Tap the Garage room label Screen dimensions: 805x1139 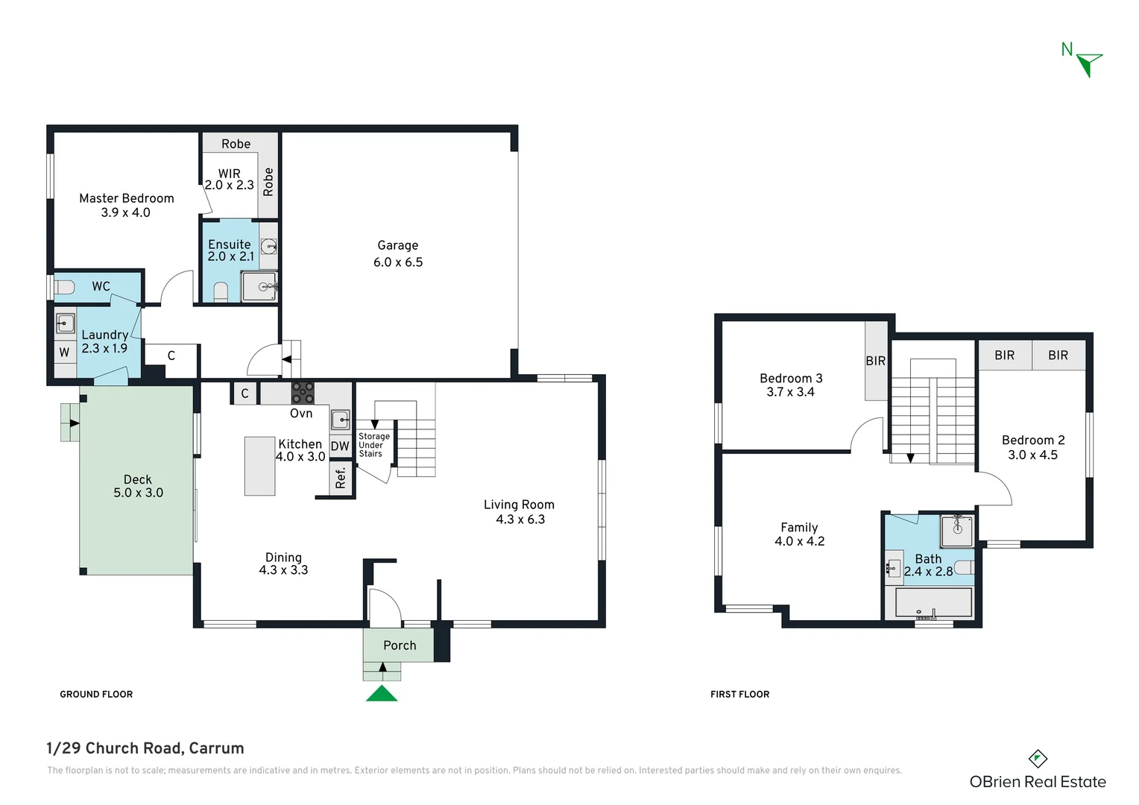[397, 245]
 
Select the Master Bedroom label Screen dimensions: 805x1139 [127, 198]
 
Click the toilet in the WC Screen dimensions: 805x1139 [64, 287]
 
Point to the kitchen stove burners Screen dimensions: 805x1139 [302, 393]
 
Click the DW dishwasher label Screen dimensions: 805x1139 [340, 446]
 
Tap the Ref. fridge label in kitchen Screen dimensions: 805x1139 [341, 478]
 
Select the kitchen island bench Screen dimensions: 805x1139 [259, 466]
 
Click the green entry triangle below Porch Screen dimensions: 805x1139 [382, 694]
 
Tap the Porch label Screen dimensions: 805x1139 [400, 645]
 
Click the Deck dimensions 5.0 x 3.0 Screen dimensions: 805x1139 [138, 493]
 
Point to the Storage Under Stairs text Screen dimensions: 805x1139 [373, 445]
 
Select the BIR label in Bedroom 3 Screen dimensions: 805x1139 [876, 361]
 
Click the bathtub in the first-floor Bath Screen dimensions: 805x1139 [934, 602]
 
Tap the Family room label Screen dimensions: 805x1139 [799, 527]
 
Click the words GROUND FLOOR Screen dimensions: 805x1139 [96, 694]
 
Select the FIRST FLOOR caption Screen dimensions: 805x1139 [739, 694]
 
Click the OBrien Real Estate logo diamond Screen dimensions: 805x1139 [1038, 759]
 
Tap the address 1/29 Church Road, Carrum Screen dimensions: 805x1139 [145, 748]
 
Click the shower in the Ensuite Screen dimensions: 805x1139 [259, 286]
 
